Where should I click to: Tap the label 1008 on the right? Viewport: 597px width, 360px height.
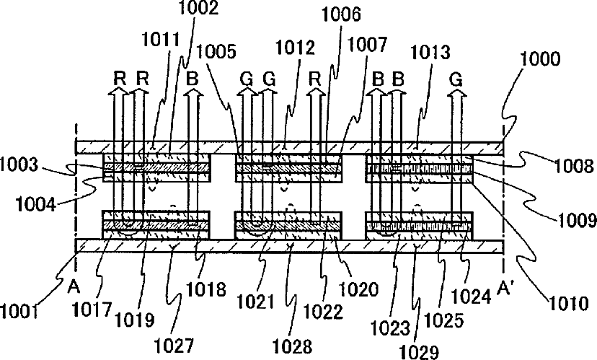click(575, 167)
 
